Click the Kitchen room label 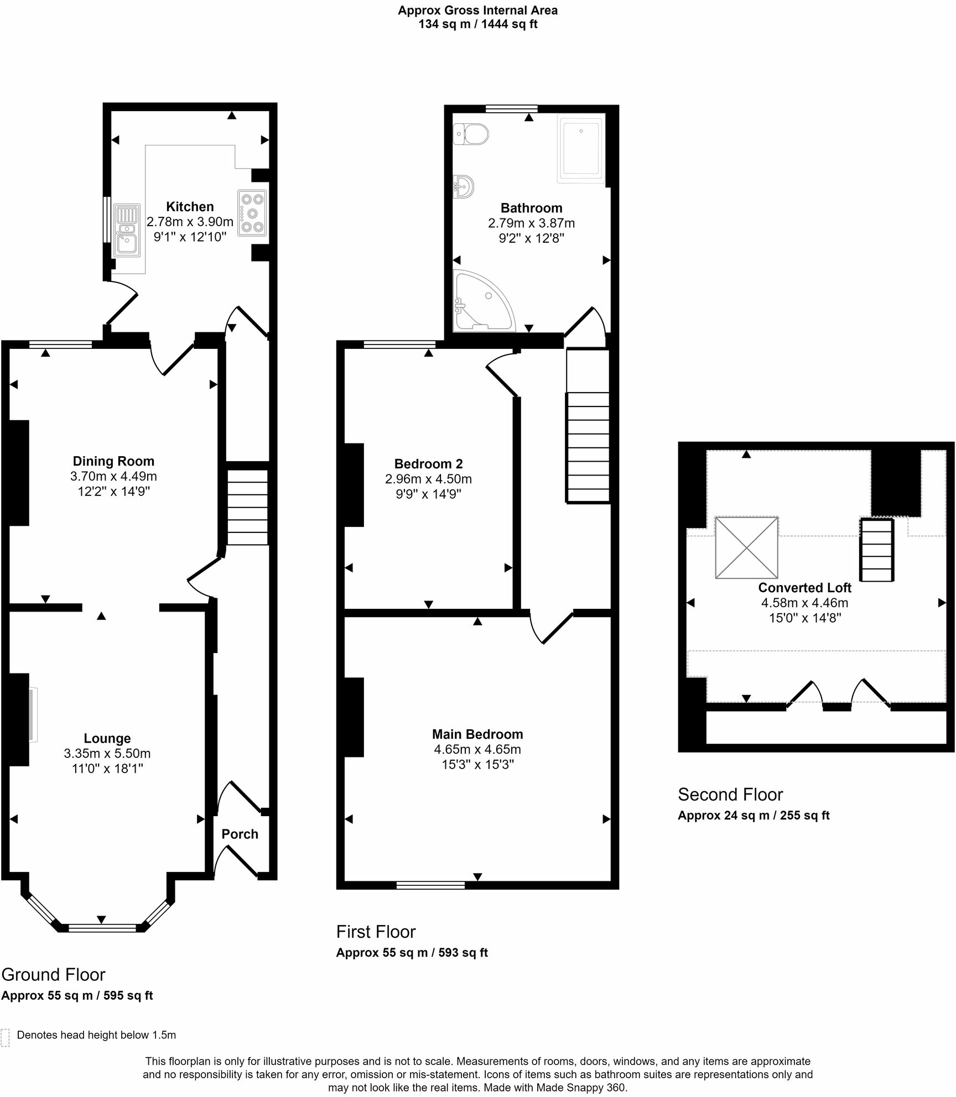(x=190, y=207)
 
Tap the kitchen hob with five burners (x=252, y=213)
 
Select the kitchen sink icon (x=127, y=231)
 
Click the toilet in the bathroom (x=471, y=134)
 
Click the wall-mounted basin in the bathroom (x=463, y=187)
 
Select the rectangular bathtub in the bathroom (x=580, y=148)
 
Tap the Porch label (x=240, y=834)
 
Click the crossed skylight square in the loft (x=746, y=548)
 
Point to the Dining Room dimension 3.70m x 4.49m (x=113, y=476)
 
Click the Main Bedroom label (x=477, y=734)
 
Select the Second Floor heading (x=730, y=795)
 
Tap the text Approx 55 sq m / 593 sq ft (x=412, y=953)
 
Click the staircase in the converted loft (x=876, y=550)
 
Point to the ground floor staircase (x=247, y=507)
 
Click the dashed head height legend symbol (x=6, y=1038)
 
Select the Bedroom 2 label (x=428, y=464)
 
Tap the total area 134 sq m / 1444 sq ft (x=478, y=24)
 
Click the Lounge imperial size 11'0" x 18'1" (x=107, y=768)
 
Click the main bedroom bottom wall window (x=430, y=885)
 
